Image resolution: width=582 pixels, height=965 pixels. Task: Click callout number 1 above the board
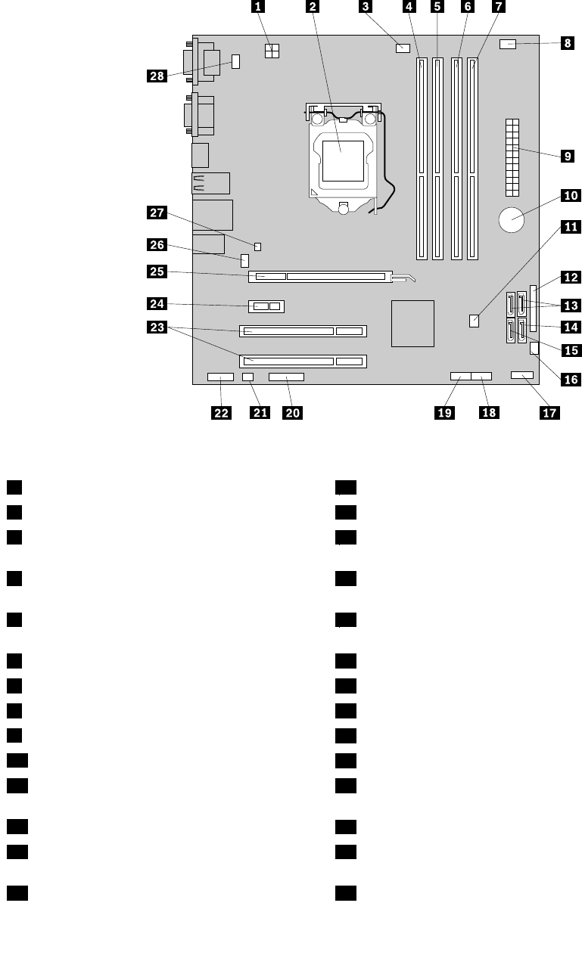coord(259,8)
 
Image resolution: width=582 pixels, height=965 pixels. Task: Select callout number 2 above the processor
coord(312,8)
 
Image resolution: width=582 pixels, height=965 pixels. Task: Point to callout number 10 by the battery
coord(569,196)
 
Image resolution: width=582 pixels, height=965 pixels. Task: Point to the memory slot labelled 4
coord(420,159)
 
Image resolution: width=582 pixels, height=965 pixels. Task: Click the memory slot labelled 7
coord(472,159)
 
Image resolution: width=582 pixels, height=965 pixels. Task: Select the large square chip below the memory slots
coord(413,323)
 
